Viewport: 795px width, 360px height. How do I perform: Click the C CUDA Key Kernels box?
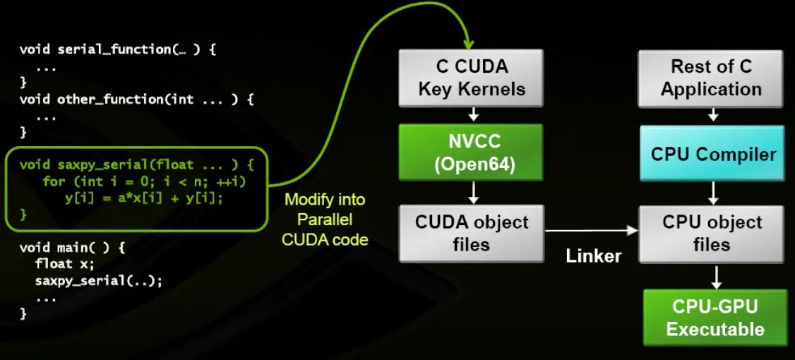(x=472, y=78)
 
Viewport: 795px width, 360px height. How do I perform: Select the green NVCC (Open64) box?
(x=472, y=152)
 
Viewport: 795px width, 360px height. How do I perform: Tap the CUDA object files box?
(x=472, y=233)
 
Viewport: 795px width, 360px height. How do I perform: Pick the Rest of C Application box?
(x=711, y=78)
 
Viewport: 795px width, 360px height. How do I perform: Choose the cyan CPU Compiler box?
(x=712, y=153)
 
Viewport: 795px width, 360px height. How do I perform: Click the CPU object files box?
(x=712, y=233)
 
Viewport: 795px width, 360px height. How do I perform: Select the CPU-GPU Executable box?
(x=715, y=318)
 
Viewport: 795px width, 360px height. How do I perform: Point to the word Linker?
(x=594, y=256)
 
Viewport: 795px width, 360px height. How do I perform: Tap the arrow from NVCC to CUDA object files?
(x=472, y=192)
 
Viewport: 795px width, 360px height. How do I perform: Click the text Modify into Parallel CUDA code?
(x=325, y=220)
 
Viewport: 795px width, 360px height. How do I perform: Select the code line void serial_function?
(x=110, y=49)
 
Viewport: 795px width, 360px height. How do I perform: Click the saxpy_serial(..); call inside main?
(x=99, y=281)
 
